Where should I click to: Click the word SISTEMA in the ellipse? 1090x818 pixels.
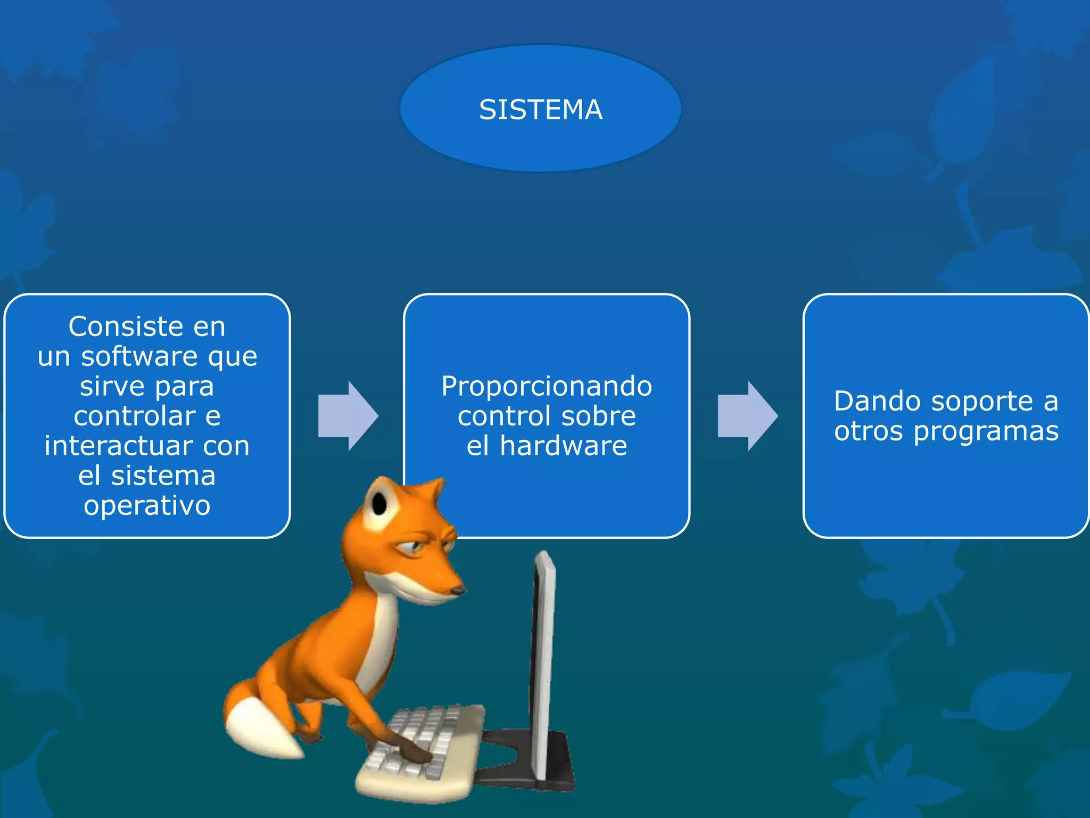(x=540, y=110)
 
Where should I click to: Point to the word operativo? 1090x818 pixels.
(x=147, y=505)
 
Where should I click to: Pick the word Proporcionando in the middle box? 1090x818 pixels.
(x=547, y=386)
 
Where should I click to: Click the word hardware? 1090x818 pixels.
(x=564, y=445)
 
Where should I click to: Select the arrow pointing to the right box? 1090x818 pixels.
(x=747, y=416)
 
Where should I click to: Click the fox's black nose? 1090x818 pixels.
(x=457, y=591)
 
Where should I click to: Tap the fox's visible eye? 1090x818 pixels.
(x=414, y=546)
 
